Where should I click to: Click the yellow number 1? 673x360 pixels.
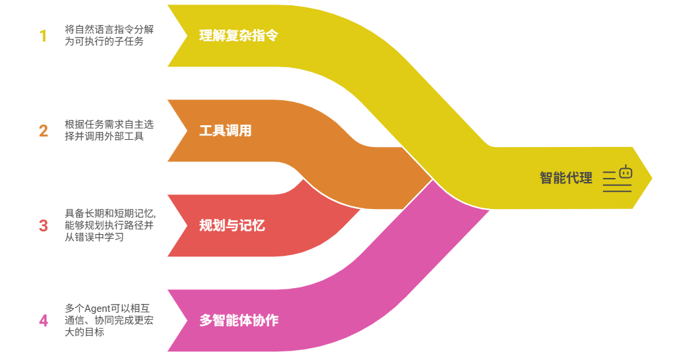click(43, 36)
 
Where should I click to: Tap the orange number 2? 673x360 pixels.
click(43, 131)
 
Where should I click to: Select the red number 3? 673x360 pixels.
click(43, 225)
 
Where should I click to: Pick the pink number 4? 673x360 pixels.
click(43, 321)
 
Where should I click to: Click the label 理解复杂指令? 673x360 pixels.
click(239, 36)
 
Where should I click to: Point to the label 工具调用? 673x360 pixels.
click(226, 131)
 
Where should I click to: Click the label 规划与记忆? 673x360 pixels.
click(232, 225)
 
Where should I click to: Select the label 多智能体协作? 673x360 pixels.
click(239, 321)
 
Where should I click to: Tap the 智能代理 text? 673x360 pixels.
click(566, 177)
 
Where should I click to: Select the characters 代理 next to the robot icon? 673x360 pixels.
click(579, 177)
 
